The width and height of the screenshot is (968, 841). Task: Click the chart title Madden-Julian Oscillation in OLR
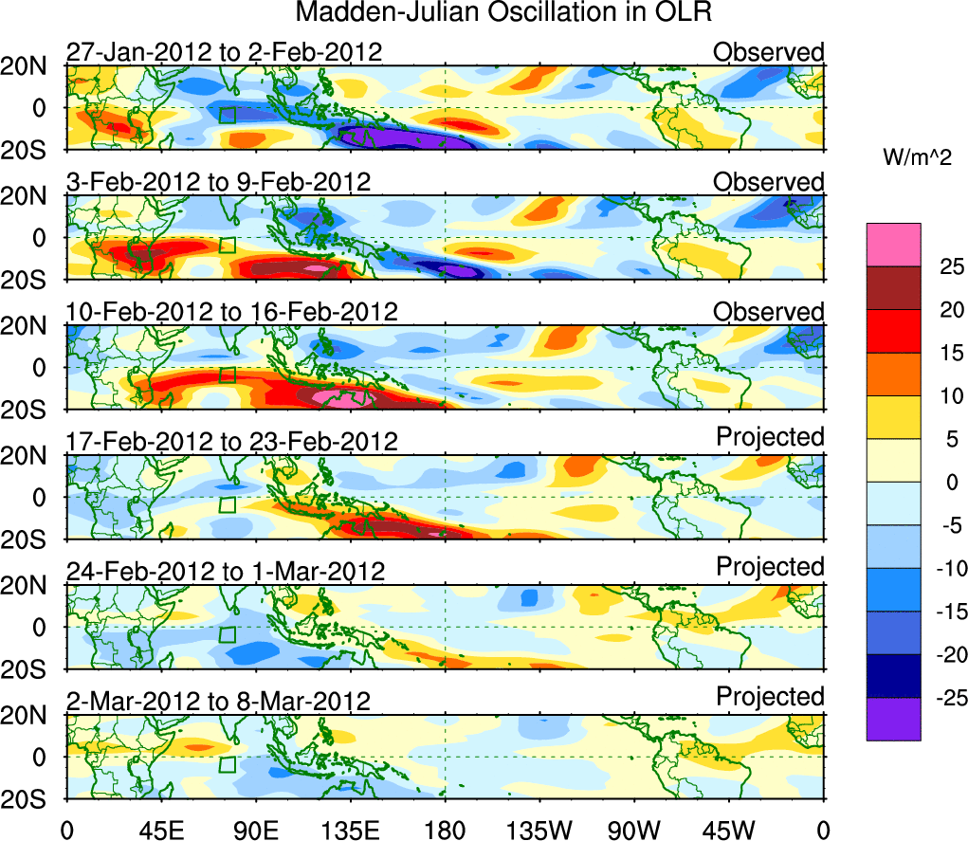tap(503, 12)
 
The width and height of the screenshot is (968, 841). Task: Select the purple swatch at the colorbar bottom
tap(893, 719)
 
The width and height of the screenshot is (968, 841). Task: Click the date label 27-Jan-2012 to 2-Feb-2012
tap(225, 51)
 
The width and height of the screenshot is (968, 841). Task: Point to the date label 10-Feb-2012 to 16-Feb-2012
tap(232, 312)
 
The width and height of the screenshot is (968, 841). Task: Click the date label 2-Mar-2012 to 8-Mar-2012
tap(218, 702)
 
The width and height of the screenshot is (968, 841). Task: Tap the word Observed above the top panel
tap(769, 51)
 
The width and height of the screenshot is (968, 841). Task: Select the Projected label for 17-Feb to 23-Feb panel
tap(770, 436)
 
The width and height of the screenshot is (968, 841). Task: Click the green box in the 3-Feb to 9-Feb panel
tap(227, 245)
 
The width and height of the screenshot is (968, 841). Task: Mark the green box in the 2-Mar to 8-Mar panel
tap(227, 764)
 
